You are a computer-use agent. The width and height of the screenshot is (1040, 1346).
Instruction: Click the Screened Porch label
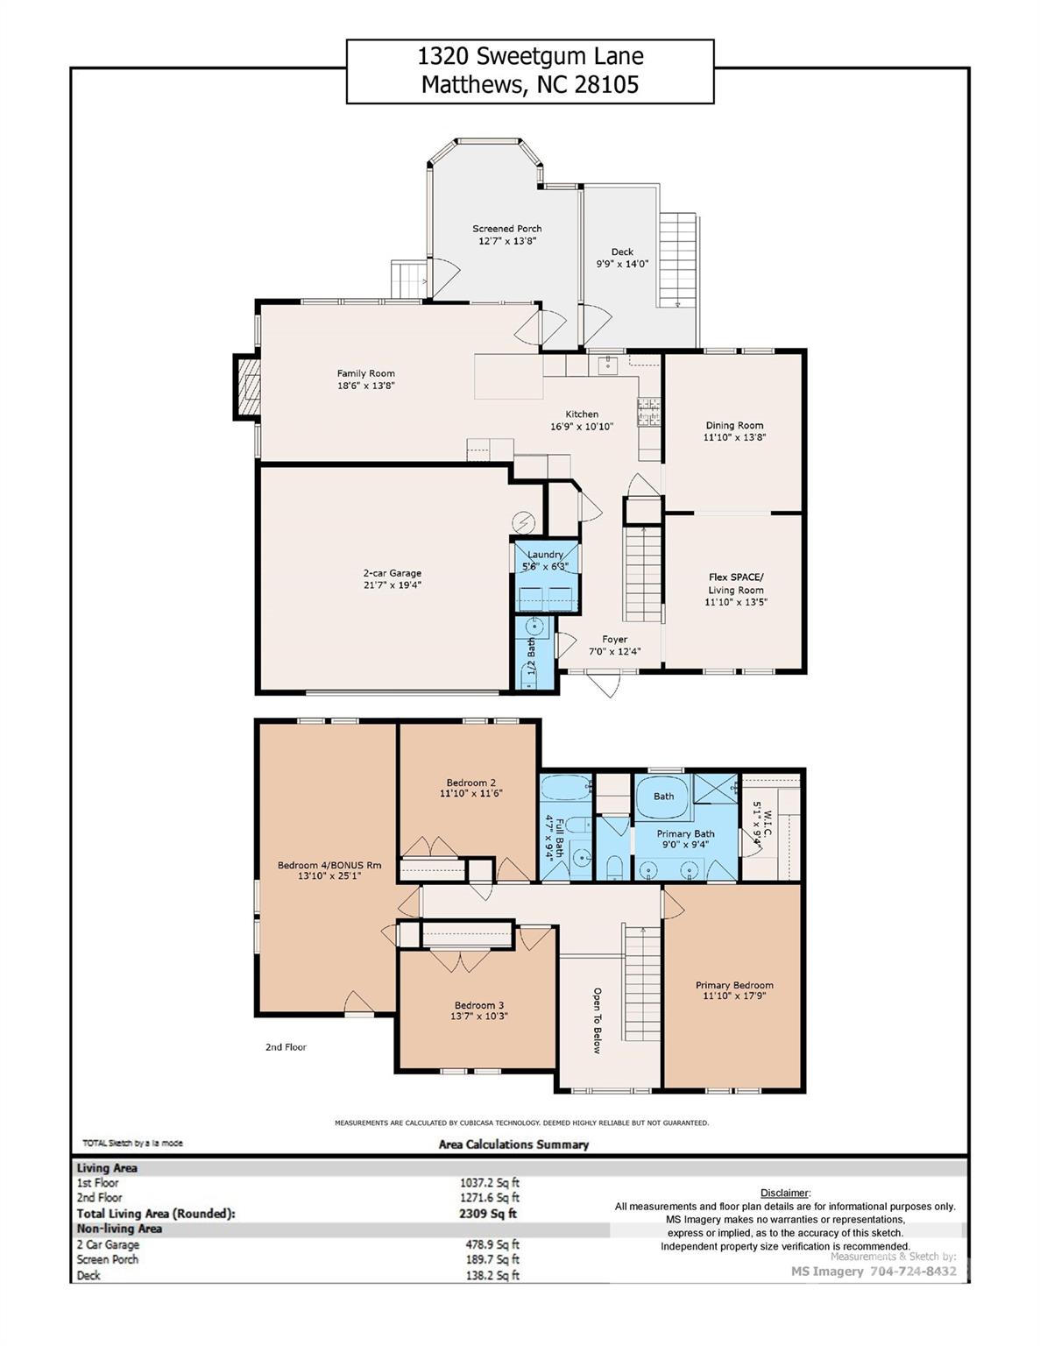point(506,229)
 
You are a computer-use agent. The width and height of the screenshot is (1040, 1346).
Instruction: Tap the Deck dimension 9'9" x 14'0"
point(622,264)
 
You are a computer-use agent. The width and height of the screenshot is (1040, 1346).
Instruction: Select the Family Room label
point(365,373)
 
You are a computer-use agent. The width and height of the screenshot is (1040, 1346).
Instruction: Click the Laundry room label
point(545,555)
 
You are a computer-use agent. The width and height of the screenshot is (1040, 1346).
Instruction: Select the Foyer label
point(614,640)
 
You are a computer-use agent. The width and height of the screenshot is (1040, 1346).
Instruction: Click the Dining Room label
point(734,425)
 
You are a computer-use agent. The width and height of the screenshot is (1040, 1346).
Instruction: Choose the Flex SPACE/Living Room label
point(736,584)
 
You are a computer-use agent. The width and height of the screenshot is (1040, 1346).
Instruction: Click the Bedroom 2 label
point(471,783)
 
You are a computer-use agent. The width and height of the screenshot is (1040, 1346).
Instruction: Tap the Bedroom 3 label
point(479,1005)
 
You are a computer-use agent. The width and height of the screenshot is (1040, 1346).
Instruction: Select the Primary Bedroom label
point(734,985)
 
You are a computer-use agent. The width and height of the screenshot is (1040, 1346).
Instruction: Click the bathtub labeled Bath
point(663,796)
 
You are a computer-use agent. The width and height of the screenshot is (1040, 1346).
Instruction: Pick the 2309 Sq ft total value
point(481,1214)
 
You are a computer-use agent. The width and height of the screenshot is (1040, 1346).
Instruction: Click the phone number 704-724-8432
point(913,1272)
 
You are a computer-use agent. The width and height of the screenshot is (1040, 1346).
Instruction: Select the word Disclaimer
point(784,1193)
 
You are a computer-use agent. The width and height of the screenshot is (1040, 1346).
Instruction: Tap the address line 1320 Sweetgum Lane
point(530,57)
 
